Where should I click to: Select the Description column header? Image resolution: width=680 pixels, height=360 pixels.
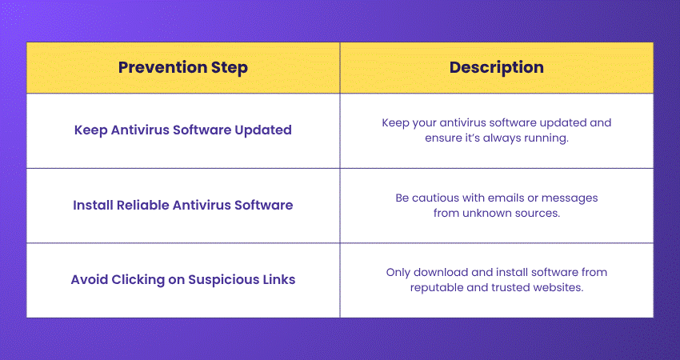click(496, 68)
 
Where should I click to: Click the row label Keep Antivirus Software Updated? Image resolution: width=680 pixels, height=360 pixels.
click(182, 130)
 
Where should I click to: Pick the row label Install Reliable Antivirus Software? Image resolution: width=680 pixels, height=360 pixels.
click(182, 205)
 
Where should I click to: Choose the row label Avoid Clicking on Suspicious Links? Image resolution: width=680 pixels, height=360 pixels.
click(182, 280)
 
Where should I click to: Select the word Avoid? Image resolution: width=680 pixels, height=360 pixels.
click(87, 280)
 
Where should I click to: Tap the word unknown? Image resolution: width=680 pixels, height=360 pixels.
click(491, 213)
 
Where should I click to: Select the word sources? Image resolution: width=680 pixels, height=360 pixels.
click(540, 213)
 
